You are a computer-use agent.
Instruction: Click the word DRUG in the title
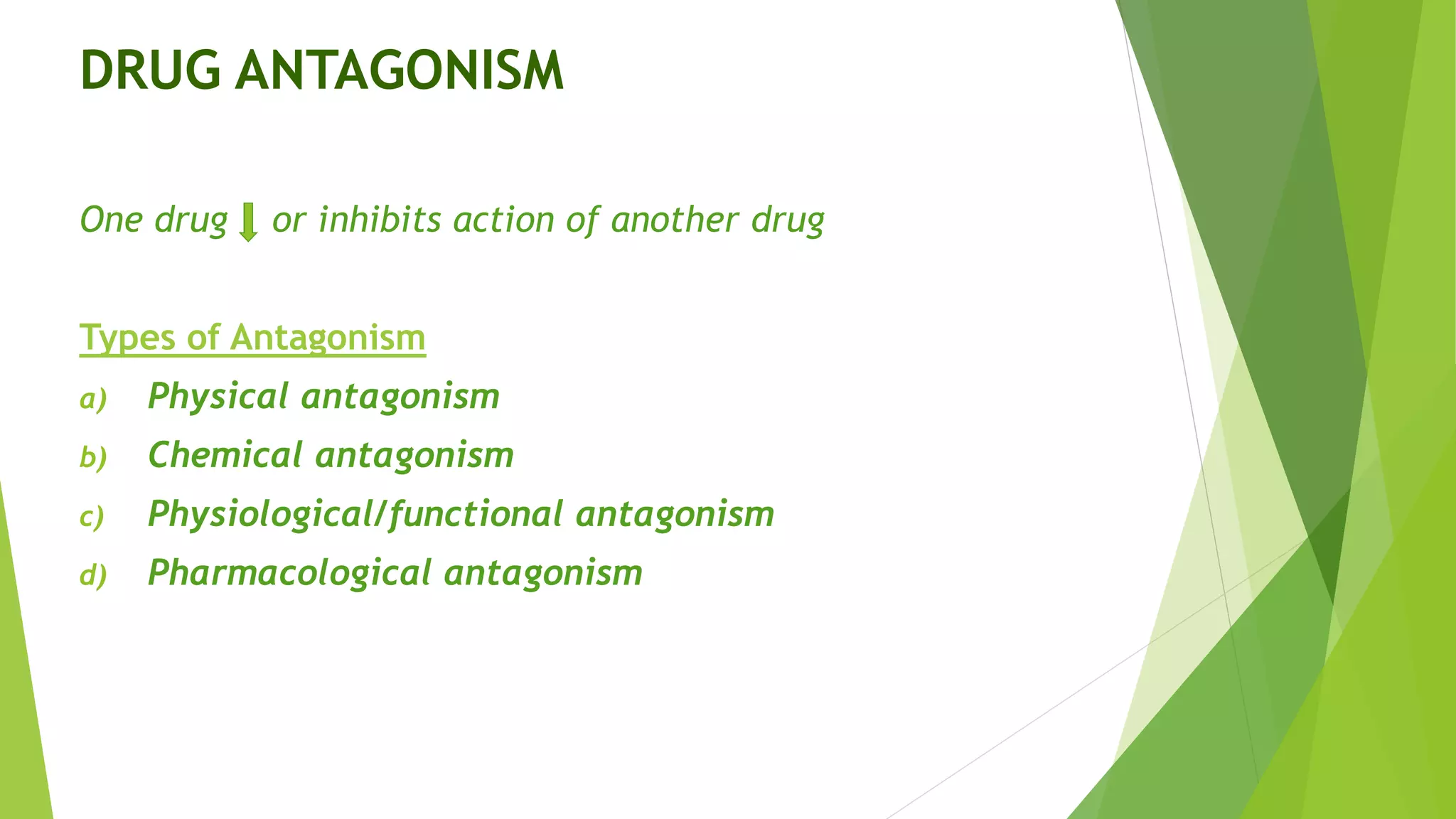151,71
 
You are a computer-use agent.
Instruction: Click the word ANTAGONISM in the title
400,71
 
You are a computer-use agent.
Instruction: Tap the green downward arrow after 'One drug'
248,222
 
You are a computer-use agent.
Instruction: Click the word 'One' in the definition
112,220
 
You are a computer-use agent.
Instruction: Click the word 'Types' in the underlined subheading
127,337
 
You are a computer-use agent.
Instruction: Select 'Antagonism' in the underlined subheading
328,337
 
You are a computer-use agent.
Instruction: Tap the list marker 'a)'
93,399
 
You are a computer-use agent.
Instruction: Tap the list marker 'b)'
93,457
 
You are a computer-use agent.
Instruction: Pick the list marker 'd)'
93,575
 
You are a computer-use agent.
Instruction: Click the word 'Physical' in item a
218,396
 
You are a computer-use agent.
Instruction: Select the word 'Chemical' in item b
225,455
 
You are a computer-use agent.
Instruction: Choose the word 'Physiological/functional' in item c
355,514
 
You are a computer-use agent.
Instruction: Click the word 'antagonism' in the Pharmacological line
543,573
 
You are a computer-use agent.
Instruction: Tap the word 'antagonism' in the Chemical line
414,455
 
